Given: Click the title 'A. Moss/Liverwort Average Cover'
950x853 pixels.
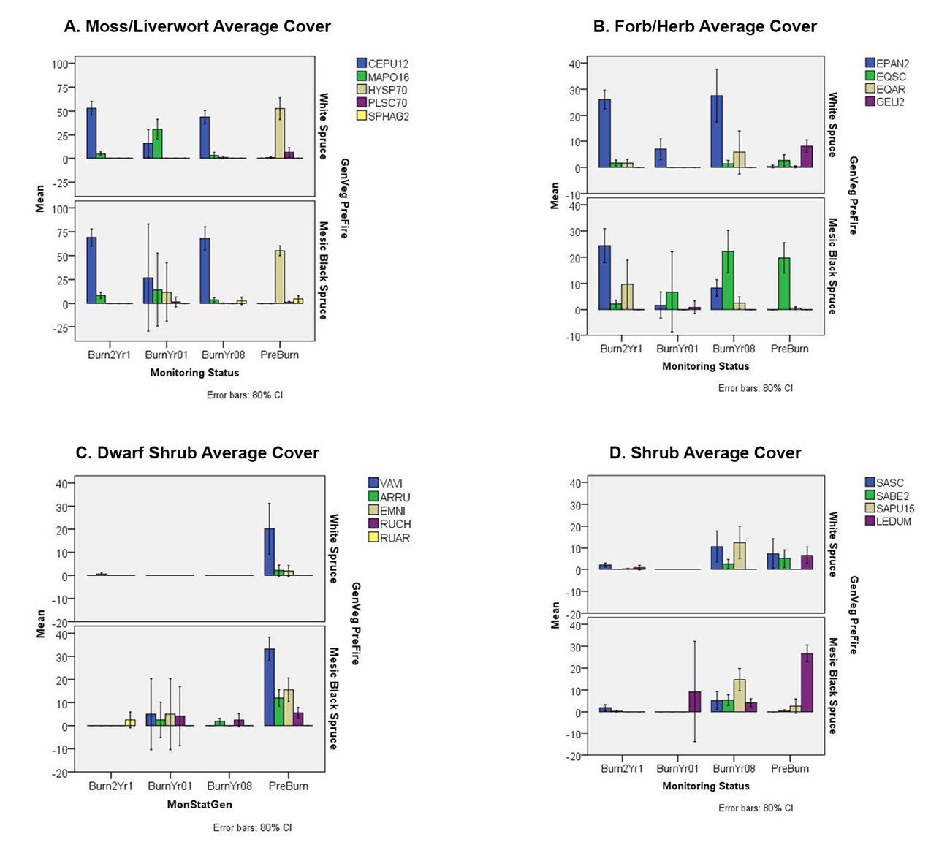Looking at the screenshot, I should point(197,27).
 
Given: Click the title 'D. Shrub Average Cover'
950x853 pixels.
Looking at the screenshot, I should point(705,453).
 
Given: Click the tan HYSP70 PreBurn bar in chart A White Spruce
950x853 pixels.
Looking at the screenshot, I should point(279,134).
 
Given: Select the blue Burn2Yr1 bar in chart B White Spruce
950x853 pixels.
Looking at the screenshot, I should point(604,134).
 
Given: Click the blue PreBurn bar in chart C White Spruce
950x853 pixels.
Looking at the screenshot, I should point(269,552).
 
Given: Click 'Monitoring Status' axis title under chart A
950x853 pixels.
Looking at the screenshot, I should point(194,373).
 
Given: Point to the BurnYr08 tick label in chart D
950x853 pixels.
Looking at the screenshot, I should point(734,769).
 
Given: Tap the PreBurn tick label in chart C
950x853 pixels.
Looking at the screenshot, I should point(289,786).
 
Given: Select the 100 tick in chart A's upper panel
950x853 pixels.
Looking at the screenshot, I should point(59,64).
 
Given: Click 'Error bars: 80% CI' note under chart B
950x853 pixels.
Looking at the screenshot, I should point(755,388).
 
